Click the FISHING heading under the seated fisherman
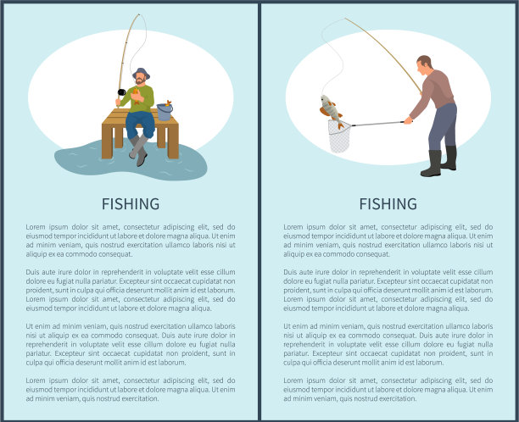[131, 203]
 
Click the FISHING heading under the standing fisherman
[388, 203]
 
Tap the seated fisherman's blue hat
[142, 73]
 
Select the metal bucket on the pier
[165, 112]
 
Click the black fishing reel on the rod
[121, 92]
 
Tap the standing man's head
[424, 65]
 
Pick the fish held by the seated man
[136, 96]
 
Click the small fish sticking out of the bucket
[169, 103]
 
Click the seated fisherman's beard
[140, 81]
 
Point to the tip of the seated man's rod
[139, 14]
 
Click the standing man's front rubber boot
[432, 164]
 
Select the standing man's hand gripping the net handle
[409, 120]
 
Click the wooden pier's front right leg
[173, 141]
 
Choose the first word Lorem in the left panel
[36, 227]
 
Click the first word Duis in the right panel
[290, 272]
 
